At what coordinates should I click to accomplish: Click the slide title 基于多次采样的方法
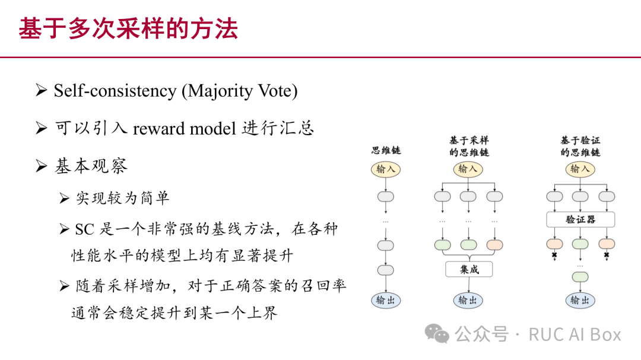128,28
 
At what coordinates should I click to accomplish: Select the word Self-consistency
115,91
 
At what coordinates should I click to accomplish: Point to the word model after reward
213,128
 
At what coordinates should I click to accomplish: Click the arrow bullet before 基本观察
42,166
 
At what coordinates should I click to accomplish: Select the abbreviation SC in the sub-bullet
85,230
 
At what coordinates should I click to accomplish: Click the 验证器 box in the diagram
580,219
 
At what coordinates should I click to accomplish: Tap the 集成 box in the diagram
469,269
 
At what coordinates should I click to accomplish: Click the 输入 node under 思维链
386,169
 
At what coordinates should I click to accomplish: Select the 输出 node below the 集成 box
468,300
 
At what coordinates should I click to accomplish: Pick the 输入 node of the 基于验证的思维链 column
580,169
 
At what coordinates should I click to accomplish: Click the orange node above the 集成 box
494,245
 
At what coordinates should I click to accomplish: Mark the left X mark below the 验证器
554,256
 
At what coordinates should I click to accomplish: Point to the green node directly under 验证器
580,244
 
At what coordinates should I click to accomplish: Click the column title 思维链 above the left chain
386,151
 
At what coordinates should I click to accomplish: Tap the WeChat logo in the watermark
437,333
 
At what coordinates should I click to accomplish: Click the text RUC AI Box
575,334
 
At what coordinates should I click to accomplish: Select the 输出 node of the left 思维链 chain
386,300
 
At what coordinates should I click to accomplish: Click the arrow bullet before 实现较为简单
64,198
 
